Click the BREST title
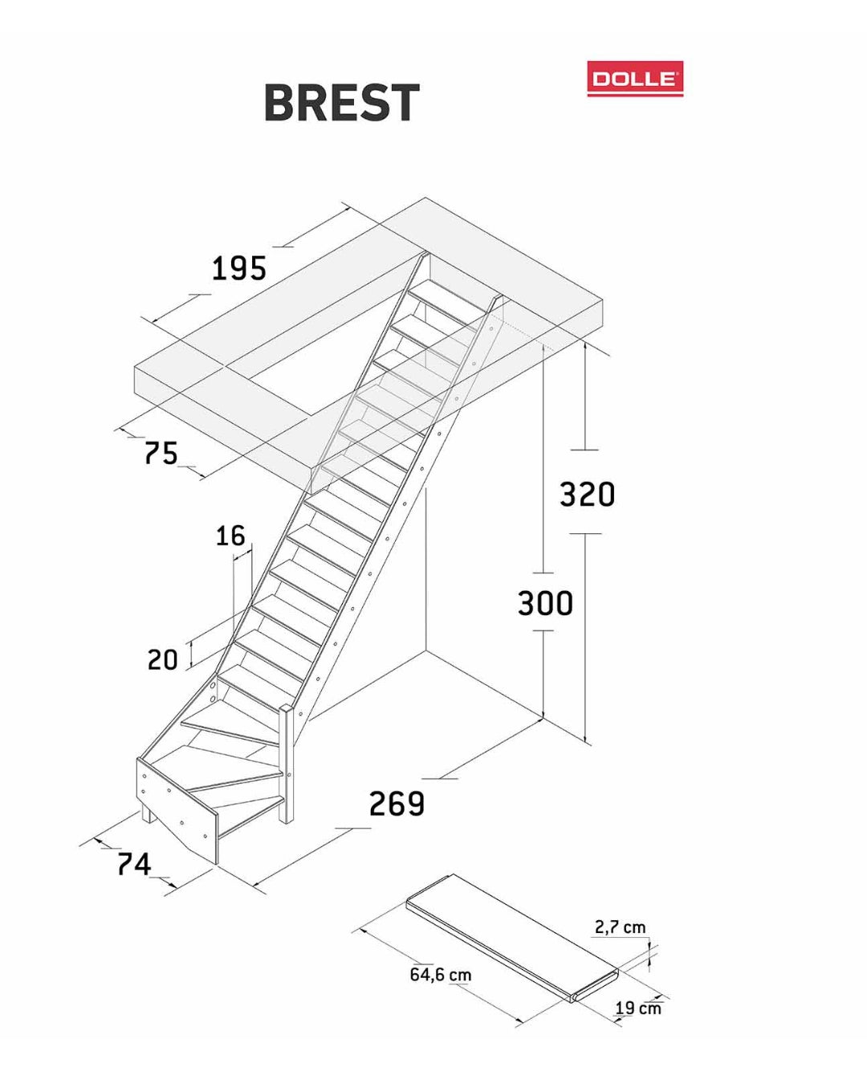pyautogui.click(x=341, y=103)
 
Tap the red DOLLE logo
pyautogui.click(x=635, y=79)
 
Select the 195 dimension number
pyautogui.click(x=238, y=268)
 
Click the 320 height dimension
pyautogui.click(x=588, y=494)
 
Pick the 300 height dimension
pyautogui.click(x=546, y=603)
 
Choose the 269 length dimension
pyautogui.click(x=397, y=804)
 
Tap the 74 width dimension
pyautogui.click(x=134, y=864)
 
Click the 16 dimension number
pyautogui.click(x=230, y=536)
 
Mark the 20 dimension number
pyautogui.click(x=163, y=659)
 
